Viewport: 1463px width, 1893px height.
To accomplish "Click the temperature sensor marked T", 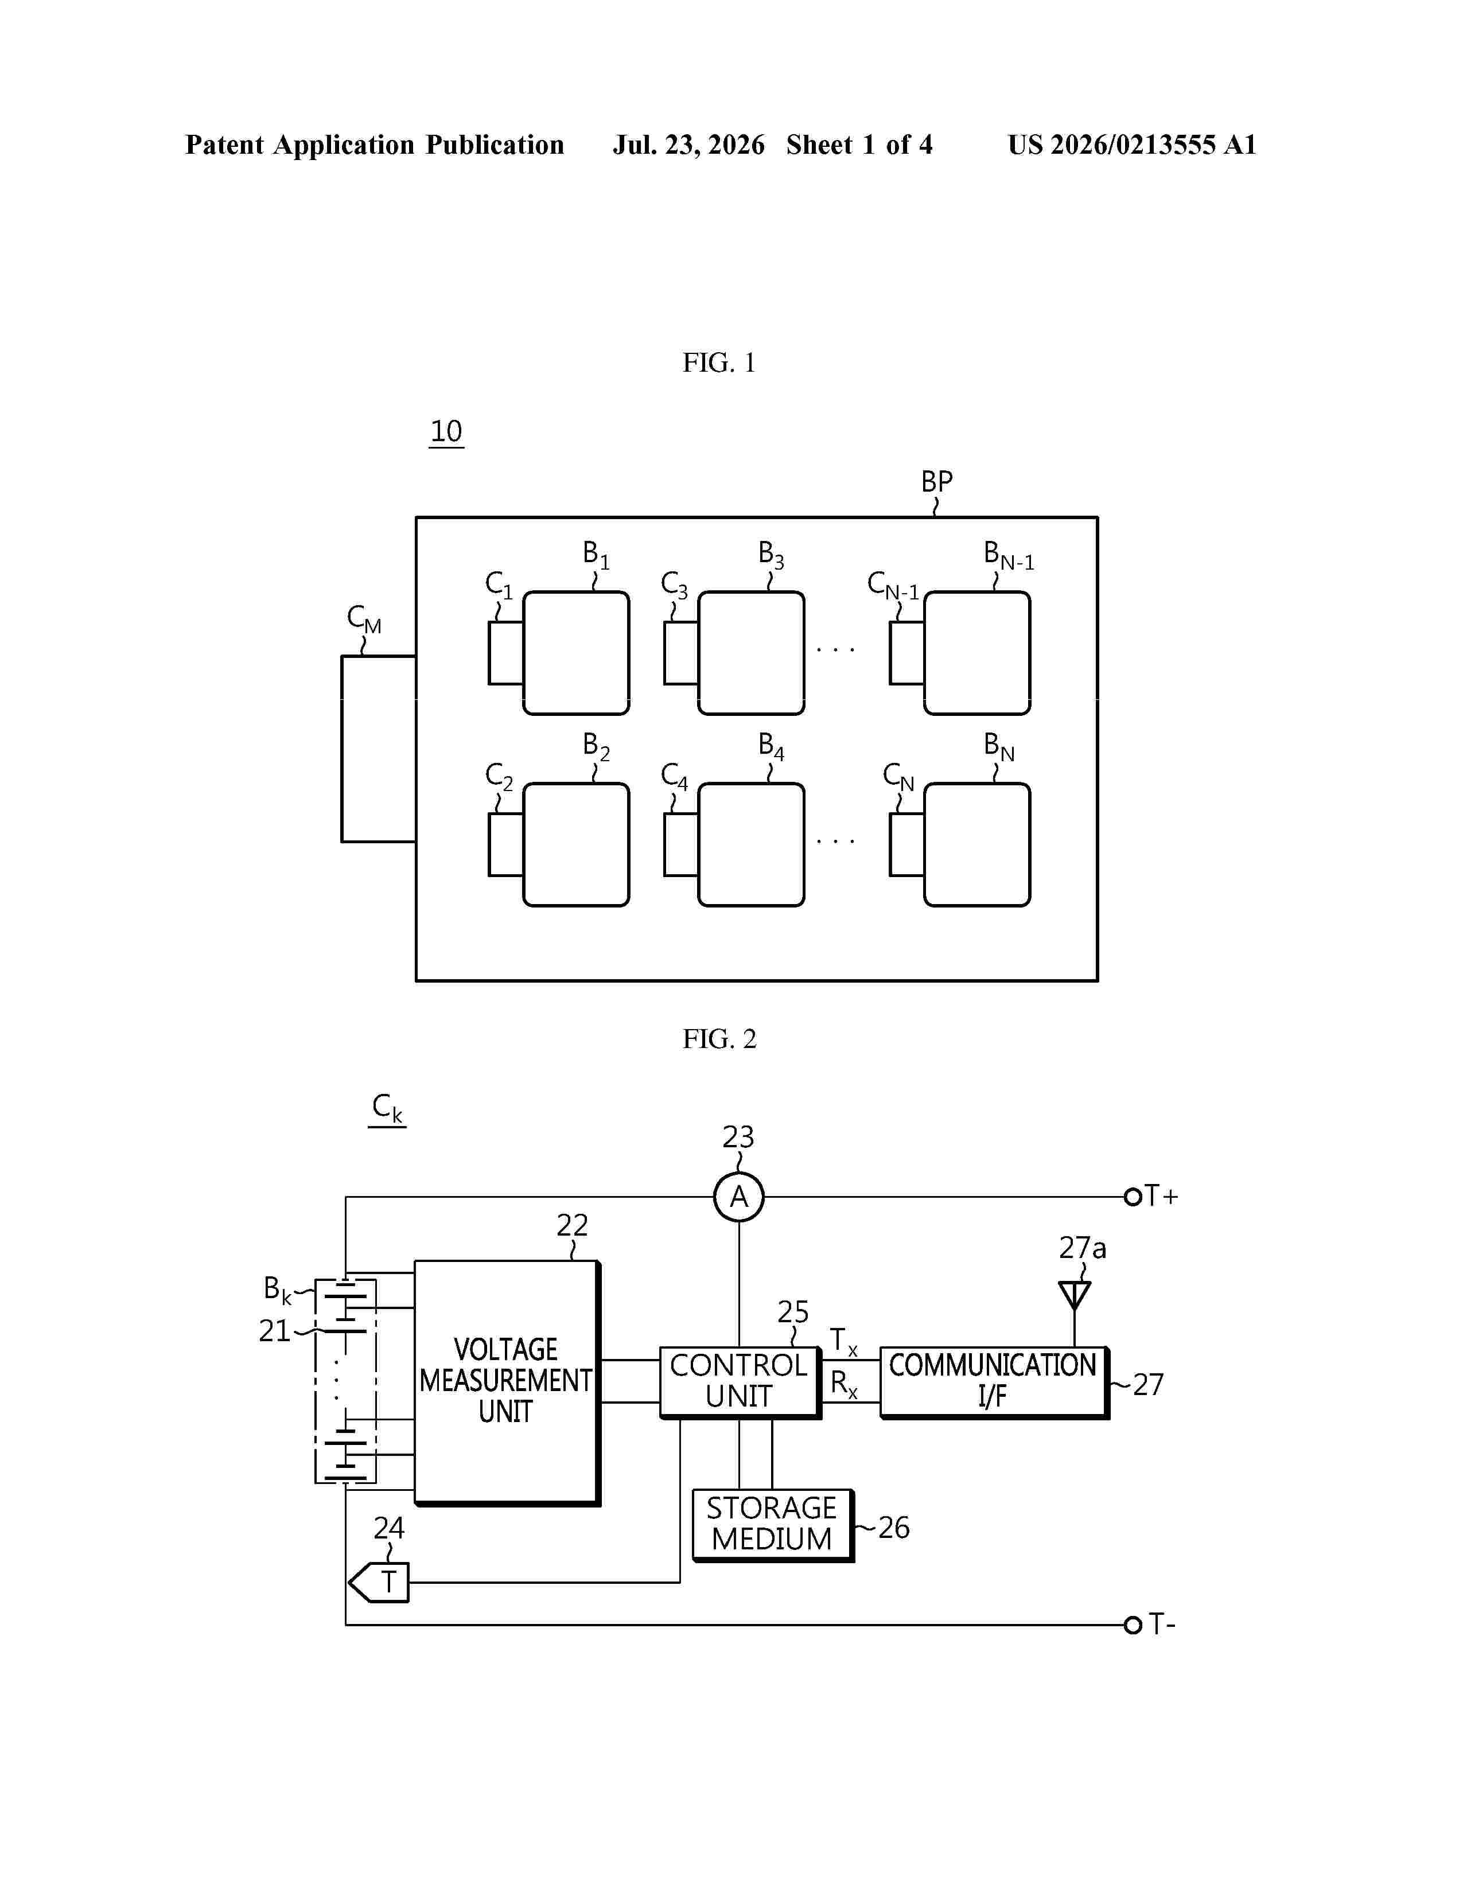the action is [x=379, y=1582].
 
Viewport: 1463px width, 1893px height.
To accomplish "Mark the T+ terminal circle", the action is [x=1132, y=1197].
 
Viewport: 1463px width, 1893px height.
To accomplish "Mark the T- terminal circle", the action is [x=1132, y=1625].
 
